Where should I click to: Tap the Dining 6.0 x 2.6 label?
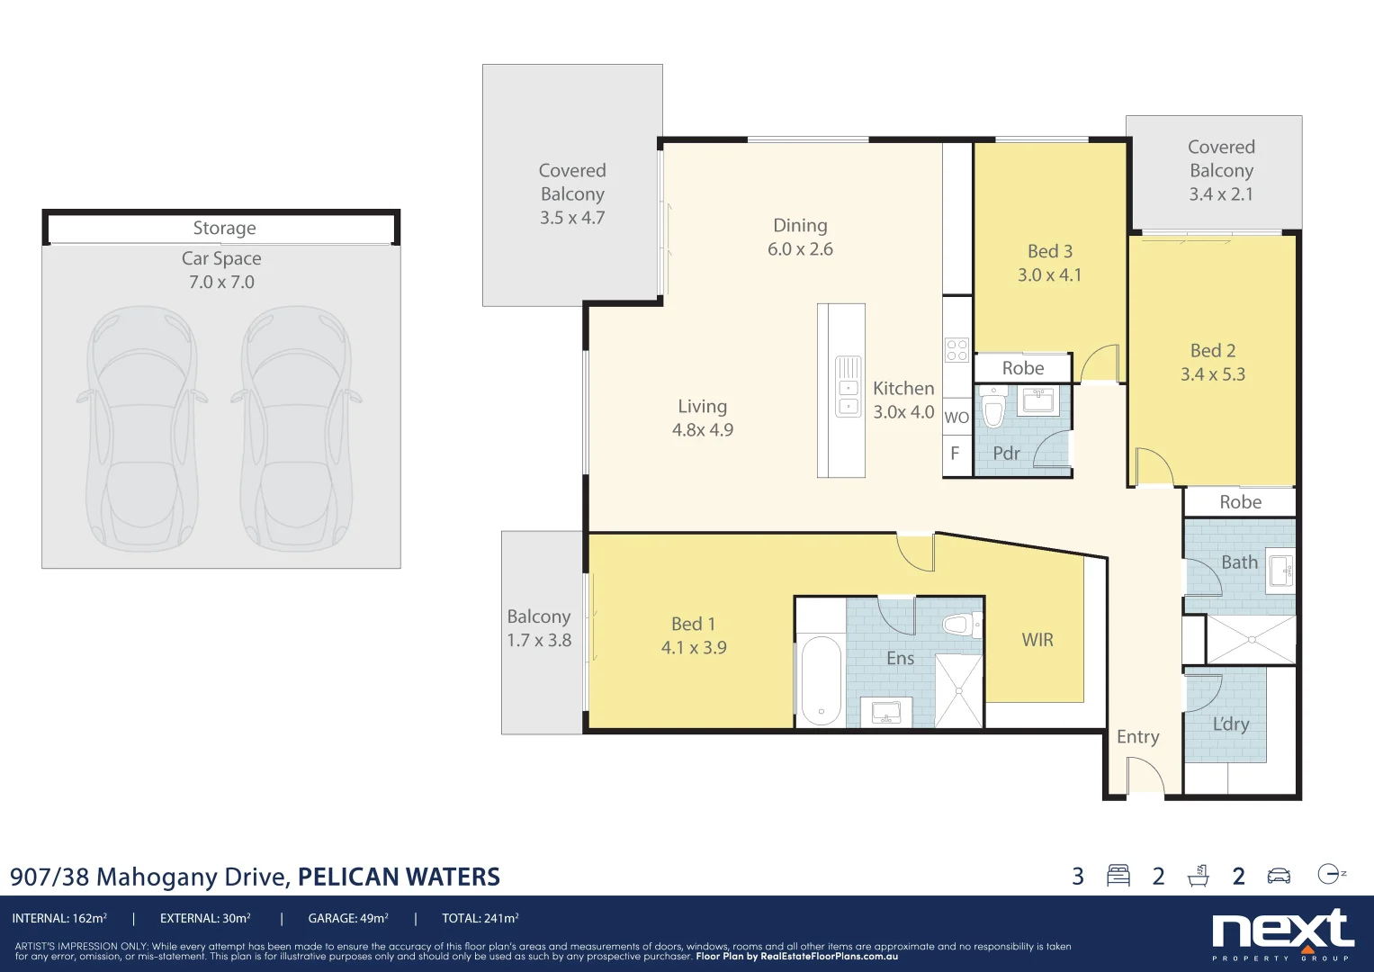800,237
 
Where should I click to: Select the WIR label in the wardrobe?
1037,640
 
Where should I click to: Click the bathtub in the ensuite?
820,679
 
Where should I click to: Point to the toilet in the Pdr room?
993,410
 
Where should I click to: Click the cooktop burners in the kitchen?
956,350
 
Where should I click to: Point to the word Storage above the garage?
224,229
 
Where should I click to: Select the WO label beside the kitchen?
956,418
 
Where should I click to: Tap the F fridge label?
955,454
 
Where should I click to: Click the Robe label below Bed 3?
1023,368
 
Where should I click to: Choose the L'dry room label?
1230,724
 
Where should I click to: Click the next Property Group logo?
1283,934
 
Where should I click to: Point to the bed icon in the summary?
1118,876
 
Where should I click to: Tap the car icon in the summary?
1279,876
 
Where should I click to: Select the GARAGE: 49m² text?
348,919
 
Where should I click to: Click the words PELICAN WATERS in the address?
399,877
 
